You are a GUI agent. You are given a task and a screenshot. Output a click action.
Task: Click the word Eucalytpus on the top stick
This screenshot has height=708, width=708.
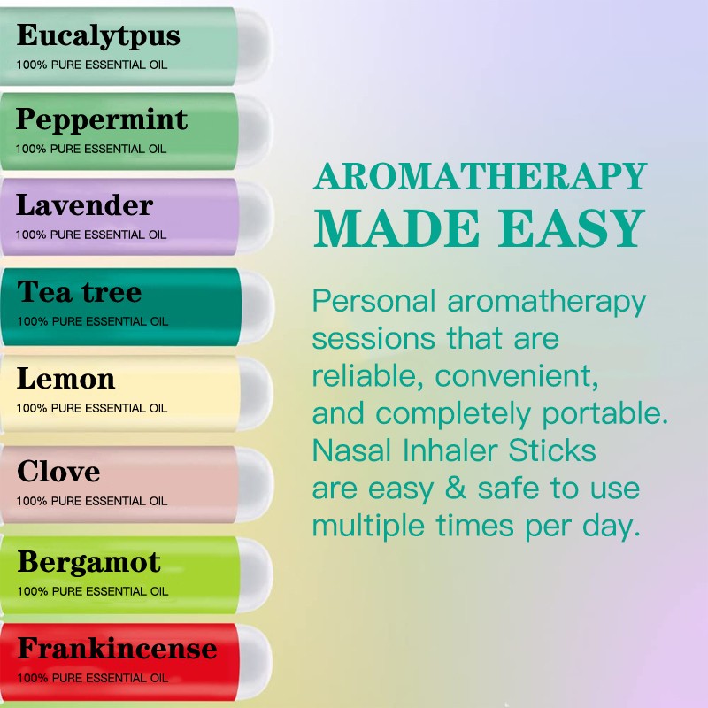click(98, 36)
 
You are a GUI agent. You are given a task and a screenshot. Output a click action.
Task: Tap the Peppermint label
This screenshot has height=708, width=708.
click(102, 119)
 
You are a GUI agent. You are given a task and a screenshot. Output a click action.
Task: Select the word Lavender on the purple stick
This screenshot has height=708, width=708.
click(84, 206)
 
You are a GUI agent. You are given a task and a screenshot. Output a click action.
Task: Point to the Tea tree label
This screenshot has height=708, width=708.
click(79, 292)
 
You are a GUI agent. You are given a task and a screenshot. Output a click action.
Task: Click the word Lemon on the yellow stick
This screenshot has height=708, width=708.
click(65, 380)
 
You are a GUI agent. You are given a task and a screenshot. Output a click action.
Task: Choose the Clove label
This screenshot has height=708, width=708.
click(58, 471)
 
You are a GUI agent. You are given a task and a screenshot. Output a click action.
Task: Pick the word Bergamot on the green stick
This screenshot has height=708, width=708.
click(88, 562)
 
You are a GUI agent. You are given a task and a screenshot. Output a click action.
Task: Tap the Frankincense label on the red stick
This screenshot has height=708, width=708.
click(117, 649)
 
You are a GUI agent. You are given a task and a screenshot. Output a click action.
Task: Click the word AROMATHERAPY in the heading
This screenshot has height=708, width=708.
click(481, 177)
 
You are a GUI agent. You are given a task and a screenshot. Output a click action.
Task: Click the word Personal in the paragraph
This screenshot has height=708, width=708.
click(374, 302)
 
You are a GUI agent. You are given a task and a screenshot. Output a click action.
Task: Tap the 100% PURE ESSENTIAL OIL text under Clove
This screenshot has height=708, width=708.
click(91, 501)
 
